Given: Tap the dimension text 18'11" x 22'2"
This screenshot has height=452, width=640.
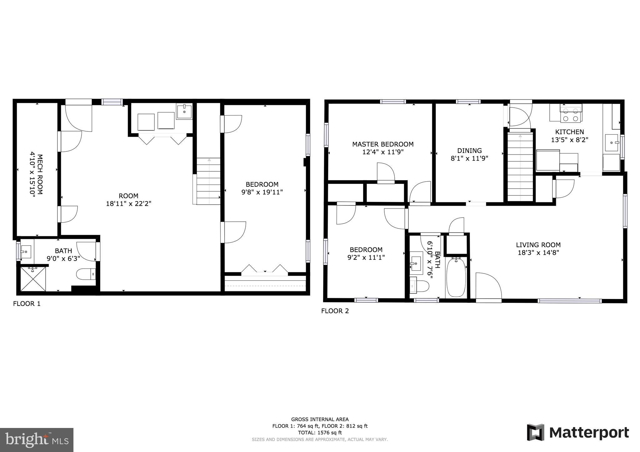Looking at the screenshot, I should click(x=128, y=204).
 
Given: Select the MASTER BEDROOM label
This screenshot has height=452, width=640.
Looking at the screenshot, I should click(x=382, y=144).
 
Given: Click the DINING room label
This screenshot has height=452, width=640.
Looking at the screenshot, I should click(x=469, y=151).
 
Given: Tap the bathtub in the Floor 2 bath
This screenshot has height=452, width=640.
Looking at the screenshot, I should click(x=456, y=277).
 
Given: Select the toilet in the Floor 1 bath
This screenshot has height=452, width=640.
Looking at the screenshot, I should click(x=86, y=274).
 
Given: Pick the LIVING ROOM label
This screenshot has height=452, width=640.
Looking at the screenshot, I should click(x=538, y=245).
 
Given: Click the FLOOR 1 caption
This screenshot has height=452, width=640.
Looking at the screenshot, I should click(x=27, y=304).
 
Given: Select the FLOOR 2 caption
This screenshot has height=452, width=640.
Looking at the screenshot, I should click(x=335, y=311).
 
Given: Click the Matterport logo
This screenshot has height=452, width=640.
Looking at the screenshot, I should click(x=578, y=433).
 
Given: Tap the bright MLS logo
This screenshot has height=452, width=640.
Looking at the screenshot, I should click(x=37, y=440).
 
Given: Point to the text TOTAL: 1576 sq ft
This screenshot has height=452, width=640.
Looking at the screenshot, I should click(x=320, y=433).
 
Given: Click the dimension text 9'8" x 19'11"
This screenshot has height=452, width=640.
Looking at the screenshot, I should click(x=262, y=192).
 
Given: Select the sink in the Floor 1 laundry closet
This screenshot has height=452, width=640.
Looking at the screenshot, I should click(x=184, y=111).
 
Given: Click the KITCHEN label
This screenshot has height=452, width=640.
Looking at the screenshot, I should click(x=569, y=132).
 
